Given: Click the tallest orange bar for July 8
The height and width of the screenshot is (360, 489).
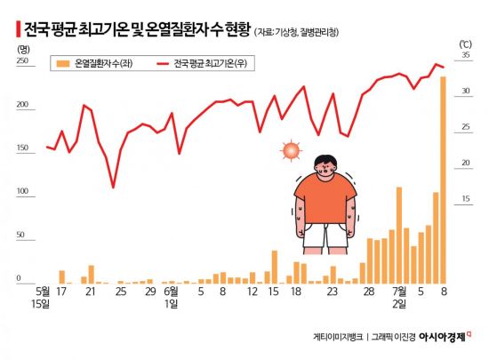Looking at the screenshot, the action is point(443,180).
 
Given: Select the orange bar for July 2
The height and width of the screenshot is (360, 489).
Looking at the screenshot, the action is point(399,236).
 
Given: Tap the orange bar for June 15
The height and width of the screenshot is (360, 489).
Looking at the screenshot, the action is point(275,268).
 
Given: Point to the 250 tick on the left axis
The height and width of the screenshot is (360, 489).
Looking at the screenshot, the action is point(22,60).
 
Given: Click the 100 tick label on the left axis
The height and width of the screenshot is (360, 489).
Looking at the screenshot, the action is point(22,191).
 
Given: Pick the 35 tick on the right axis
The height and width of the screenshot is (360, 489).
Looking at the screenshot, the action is point(466,55).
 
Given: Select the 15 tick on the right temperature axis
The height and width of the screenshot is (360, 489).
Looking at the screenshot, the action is point(466,198).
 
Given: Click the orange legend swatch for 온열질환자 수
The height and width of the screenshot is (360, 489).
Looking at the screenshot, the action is point(63,64).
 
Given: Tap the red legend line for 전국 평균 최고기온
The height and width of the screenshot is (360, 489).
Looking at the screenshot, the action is point(163,64).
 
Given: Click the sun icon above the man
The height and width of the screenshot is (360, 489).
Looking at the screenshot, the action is point(291,150).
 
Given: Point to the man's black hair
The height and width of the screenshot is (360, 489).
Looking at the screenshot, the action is point(326,162).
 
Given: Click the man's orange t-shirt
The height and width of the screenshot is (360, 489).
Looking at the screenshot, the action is point(325,199).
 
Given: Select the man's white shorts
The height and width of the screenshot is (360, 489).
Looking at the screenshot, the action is point(325,236).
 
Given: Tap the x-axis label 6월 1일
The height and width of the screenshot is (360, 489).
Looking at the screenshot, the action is point(172,298).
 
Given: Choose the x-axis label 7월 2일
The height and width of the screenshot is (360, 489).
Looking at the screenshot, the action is point(399,298).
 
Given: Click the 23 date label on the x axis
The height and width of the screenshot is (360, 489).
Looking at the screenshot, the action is point(333,292).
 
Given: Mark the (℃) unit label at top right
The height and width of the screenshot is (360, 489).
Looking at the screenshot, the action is point(465,44).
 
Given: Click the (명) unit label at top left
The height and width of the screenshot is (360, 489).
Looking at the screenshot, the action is point(23,49).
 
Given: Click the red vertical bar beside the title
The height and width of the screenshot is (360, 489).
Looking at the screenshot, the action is point(18,29).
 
